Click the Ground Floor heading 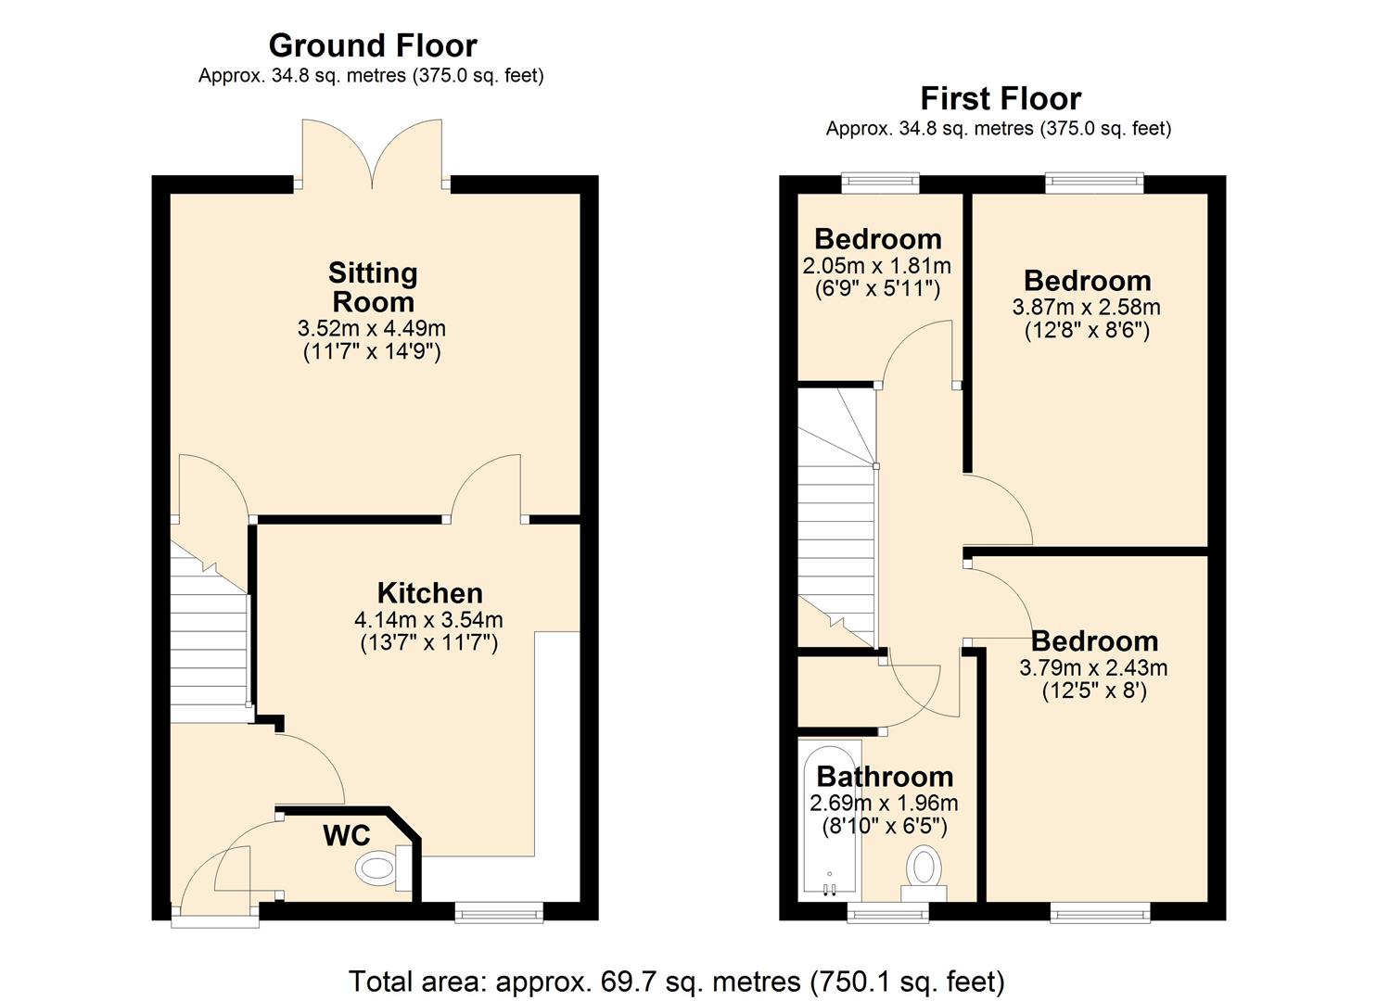point(373,45)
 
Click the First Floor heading point(1000,98)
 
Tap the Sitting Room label point(373,287)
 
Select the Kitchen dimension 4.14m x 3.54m point(428,619)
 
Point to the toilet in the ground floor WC point(380,868)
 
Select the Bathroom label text point(884,777)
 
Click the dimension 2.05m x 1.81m point(876,266)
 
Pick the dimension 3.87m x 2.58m point(1087,307)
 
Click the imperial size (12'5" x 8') point(1093,691)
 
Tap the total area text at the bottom point(676,981)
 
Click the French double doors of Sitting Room point(373,153)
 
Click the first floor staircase point(836,519)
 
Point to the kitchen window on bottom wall point(499,913)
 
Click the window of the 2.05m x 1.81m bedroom point(880,183)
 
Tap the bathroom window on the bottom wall point(888,913)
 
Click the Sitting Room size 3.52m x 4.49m point(371,328)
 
